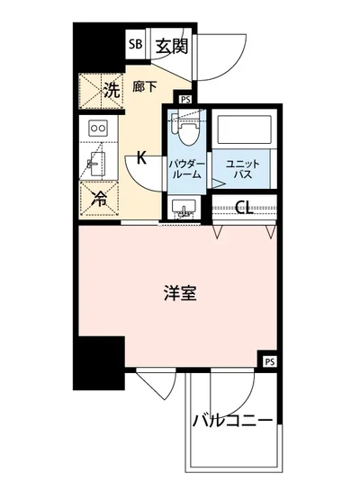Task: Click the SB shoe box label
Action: [135, 43]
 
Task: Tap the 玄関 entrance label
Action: [170, 44]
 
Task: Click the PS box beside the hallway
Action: [184, 100]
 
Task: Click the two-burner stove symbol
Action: [99, 129]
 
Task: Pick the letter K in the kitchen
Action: [141, 158]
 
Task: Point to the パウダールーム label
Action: [186, 168]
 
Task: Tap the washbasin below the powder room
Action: [186, 209]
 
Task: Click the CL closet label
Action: [242, 208]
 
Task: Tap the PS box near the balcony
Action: [269, 361]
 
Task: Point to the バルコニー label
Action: [231, 419]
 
